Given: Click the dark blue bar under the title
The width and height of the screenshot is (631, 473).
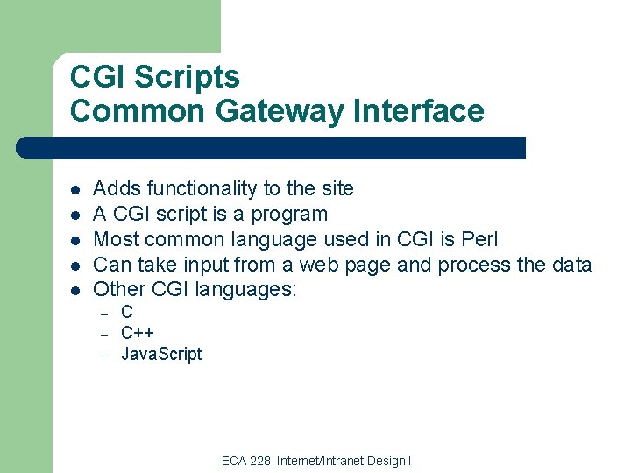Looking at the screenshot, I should pos(272,148).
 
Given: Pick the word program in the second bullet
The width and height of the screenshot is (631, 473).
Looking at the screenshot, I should pos(288,214).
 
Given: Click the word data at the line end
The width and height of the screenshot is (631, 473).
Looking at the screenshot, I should pos(572,265).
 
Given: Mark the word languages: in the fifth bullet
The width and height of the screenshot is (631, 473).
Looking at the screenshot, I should pos(247,289).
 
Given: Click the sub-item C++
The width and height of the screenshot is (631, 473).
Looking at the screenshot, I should pos(137,333).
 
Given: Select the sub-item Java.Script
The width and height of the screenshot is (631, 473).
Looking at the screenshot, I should pos(161,354).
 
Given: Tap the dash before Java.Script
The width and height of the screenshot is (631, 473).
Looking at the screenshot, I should pos(103,356).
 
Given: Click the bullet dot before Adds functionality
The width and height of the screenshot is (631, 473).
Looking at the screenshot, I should pos(76,190).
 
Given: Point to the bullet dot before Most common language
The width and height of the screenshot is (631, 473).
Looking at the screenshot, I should pos(76,240).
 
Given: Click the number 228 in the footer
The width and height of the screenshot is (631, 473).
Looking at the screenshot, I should pos(260,461).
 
